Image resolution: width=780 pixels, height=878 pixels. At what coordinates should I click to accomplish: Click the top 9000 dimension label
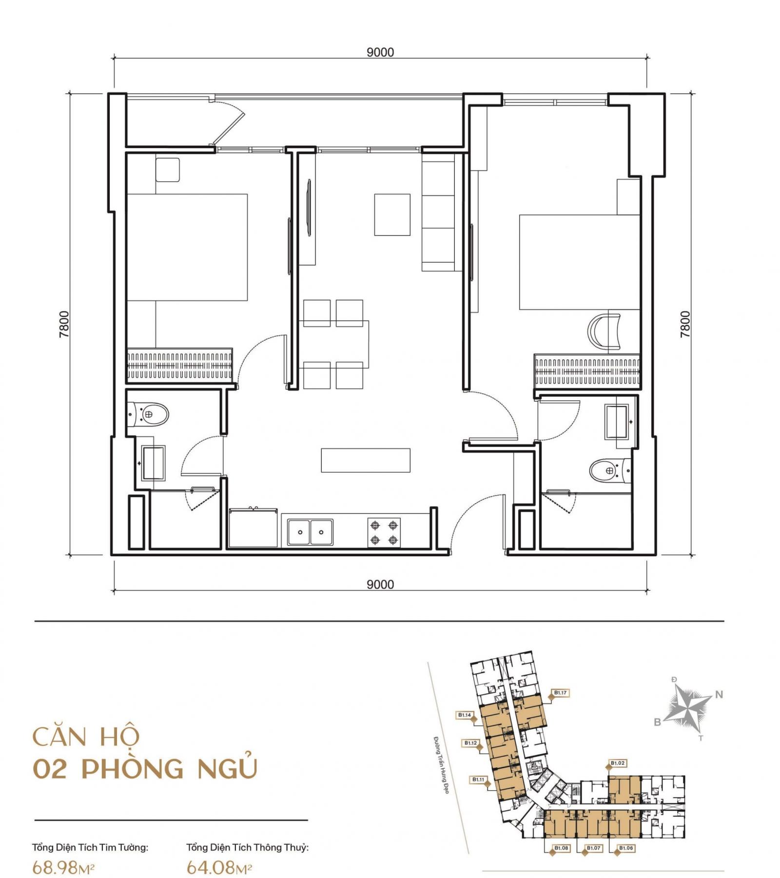pos(380,52)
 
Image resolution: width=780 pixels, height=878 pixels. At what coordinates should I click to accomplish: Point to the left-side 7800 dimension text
pos(64,324)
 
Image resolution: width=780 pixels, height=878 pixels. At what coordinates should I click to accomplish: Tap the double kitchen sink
pos(310,532)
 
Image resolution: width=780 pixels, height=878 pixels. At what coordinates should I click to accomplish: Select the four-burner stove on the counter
pos(384,532)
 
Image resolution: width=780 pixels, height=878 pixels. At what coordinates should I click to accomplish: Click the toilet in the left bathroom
pos(148,415)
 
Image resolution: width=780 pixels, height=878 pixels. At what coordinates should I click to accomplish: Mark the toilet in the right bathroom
pos(610,470)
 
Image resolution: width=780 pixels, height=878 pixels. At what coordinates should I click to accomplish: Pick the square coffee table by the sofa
pos(392,215)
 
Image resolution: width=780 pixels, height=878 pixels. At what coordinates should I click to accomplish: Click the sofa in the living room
pos(439,213)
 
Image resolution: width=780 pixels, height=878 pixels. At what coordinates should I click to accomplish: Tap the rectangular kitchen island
pos(366,460)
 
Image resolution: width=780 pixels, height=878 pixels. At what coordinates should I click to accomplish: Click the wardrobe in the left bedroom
pos(179,365)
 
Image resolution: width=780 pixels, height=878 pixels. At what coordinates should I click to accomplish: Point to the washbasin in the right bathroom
pos(618,421)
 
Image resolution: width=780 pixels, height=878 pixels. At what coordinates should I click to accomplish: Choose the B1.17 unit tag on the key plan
pos(560,693)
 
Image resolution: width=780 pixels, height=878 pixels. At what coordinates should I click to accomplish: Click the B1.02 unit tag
pos(618,763)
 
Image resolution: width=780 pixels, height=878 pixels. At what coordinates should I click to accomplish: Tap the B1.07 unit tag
pos(593,848)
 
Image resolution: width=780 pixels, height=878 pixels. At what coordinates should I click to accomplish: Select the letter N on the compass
pos(719,695)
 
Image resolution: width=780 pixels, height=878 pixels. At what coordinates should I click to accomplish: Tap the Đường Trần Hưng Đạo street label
pos(441,764)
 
